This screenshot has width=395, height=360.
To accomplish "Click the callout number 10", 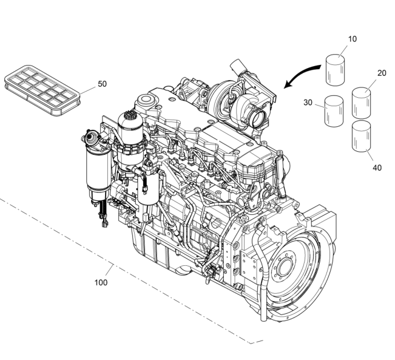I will pos(353,39).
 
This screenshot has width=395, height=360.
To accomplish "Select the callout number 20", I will pos(382,73).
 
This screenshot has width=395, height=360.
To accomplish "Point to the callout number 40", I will pos(377,168).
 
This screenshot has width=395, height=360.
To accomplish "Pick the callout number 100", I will pos(101,282).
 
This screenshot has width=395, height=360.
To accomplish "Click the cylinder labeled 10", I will pos(336,69).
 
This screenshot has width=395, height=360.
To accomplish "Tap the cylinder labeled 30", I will pos(334,111).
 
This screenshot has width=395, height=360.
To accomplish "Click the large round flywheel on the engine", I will pos(291,273).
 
